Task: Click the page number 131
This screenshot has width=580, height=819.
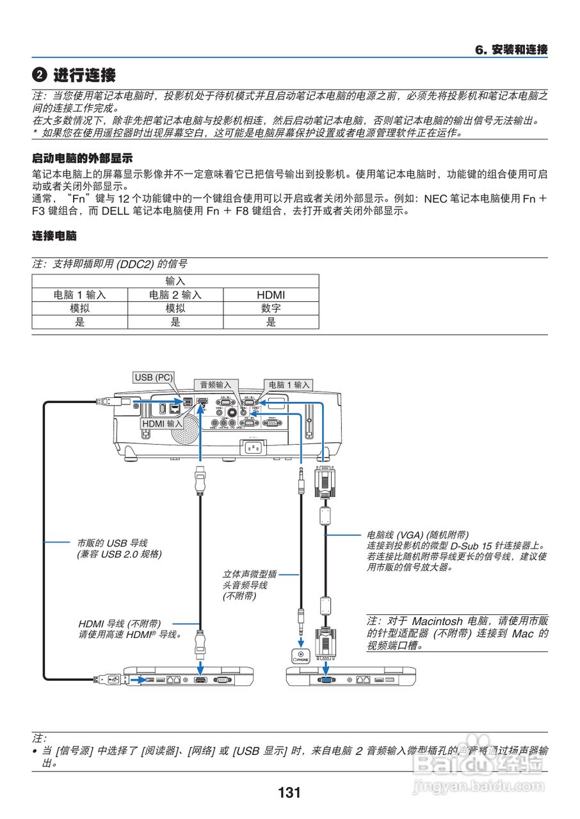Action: coord(289,793)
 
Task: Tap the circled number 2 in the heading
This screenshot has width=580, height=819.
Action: coord(40,76)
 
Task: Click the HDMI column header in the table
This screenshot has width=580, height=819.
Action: coord(271,295)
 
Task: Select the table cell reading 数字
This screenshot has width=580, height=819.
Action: coord(271,308)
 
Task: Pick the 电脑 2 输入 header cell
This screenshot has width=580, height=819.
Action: coord(175,295)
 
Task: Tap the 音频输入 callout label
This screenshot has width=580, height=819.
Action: coord(215,385)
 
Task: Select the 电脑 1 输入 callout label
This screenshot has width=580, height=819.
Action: coord(289,385)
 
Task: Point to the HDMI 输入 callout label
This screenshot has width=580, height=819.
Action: coord(162,424)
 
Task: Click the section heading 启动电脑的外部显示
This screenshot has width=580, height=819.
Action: coord(82,158)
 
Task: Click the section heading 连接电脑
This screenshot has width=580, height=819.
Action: coord(54,237)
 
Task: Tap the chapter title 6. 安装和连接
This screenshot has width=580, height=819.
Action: coord(511,49)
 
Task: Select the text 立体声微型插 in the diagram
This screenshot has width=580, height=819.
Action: coord(250,575)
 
